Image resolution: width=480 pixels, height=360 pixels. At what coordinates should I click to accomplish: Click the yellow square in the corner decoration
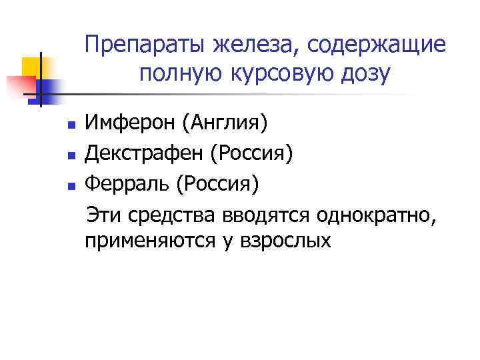(x=31, y=66)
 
